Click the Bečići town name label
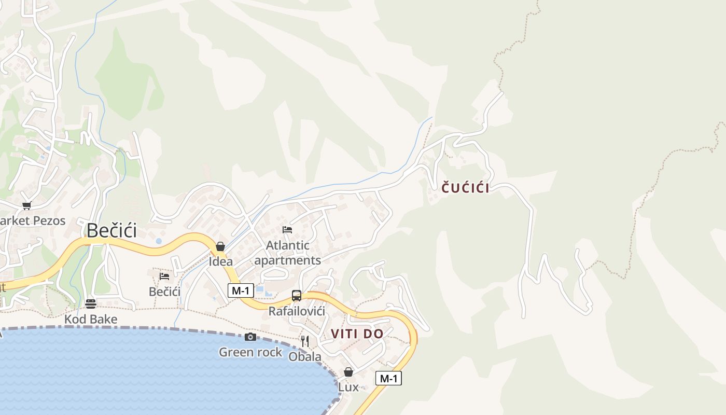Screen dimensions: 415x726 point(111,230)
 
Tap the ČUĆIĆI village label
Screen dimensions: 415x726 point(465,188)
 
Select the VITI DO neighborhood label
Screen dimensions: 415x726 point(357,334)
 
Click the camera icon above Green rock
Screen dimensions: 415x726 point(250,337)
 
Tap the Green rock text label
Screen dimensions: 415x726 point(250,352)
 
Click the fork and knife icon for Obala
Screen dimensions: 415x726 point(305,341)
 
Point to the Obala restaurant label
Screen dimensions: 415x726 point(305,357)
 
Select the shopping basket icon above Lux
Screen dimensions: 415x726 point(348,372)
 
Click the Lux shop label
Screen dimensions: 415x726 point(348,387)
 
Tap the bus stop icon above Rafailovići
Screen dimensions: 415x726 point(297,296)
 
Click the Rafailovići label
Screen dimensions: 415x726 point(297,311)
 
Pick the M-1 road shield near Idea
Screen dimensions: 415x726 point(241,290)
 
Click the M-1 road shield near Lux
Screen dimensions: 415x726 point(388,379)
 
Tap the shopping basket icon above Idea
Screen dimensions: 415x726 point(220,246)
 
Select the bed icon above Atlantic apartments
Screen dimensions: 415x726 point(287,230)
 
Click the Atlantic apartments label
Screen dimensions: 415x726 point(288,253)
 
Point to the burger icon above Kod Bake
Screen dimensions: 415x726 point(91,304)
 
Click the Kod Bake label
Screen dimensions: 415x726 point(91,319)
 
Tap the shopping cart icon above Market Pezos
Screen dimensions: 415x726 point(27,205)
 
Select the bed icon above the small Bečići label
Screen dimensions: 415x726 point(164,276)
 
